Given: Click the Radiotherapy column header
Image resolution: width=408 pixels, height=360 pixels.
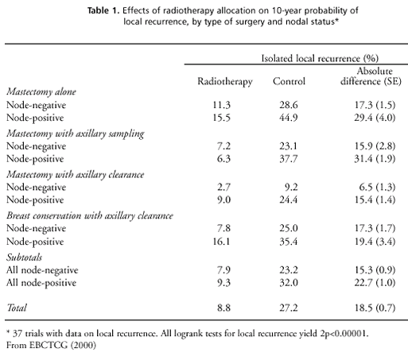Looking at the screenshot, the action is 225,82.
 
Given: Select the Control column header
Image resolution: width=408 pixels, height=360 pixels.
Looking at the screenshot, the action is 289,81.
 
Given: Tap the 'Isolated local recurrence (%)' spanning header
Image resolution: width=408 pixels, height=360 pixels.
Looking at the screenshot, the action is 320,58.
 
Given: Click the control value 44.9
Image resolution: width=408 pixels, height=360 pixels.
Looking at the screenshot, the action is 289,118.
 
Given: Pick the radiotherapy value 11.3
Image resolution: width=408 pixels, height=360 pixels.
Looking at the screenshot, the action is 222,105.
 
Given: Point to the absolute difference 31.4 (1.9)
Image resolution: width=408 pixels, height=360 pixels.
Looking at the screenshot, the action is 375,159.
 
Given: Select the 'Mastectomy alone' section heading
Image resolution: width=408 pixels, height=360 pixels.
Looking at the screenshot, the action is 41,91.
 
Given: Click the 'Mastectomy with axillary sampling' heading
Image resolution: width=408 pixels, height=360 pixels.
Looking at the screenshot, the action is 76,134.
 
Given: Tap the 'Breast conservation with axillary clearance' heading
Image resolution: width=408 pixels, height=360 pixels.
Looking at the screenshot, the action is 90,215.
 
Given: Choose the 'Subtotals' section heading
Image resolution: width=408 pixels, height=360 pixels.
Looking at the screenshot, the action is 25,257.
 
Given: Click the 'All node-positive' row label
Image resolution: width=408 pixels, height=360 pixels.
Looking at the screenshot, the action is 41,283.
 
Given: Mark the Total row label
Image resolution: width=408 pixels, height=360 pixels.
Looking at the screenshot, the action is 17,308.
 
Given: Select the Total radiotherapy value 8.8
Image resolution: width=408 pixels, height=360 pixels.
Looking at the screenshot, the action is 224,308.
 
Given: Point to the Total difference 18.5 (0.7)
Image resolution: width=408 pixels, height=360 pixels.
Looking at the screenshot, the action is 375,308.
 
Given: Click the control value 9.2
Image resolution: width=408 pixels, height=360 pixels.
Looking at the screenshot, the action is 291,188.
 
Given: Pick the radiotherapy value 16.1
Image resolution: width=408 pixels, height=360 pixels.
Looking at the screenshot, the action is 222,242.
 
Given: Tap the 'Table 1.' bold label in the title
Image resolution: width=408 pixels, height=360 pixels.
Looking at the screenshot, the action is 103,10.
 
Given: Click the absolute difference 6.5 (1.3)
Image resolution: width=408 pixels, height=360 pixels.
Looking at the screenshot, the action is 377,188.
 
